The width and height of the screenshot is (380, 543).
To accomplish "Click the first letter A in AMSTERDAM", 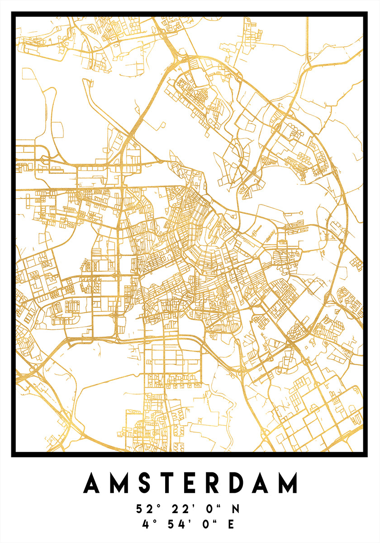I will [x=93, y=483].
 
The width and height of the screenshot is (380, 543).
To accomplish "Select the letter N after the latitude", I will [x=235, y=509].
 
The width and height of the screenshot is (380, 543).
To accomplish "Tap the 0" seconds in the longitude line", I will [x=209, y=524].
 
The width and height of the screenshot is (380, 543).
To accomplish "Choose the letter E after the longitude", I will [x=232, y=524].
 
